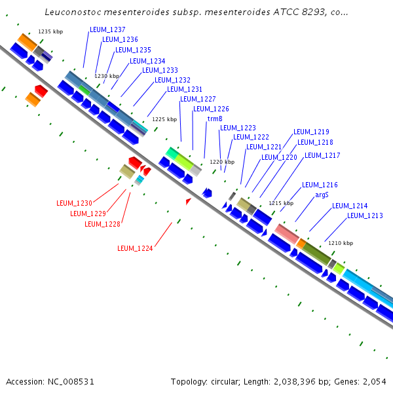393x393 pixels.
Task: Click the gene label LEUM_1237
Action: [x=107, y=29]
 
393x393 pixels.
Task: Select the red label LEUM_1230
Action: [x=74, y=203]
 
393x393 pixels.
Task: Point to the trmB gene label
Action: [x=215, y=119]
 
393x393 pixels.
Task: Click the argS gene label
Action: [x=322, y=195]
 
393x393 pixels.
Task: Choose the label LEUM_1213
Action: [x=365, y=215]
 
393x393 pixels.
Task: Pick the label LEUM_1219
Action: [x=311, y=132]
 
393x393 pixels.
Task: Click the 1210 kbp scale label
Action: [x=340, y=243]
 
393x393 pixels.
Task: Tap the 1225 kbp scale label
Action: [x=164, y=119]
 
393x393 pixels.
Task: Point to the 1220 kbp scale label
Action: [x=221, y=161]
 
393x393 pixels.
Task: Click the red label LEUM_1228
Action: [x=102, y=224]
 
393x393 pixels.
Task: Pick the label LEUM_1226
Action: [x=211, y=109]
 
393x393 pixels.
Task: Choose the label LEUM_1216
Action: [x=320, y=185]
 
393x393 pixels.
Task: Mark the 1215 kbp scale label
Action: [x=281, y=203]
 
